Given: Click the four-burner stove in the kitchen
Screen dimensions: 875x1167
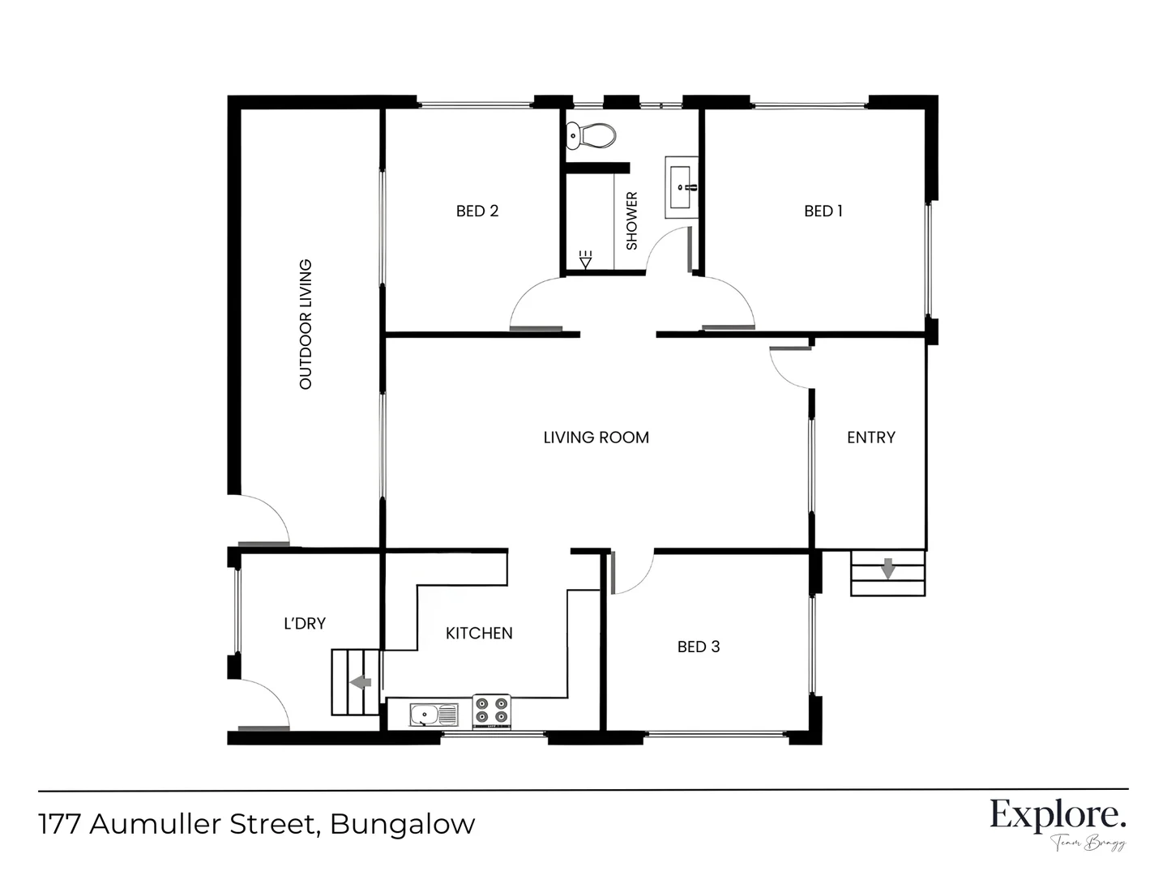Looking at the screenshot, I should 492,711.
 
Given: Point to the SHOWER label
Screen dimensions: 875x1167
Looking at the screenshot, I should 632,220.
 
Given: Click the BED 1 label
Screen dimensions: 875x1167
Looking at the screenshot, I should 823,211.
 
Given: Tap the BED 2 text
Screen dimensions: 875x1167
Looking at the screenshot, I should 477,211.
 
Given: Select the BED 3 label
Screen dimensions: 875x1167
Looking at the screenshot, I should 699,647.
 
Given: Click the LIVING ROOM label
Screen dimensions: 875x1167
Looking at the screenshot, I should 596,437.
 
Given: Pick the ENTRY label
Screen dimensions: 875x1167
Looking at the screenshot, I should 871,437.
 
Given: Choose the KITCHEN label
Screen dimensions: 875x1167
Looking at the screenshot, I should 479,634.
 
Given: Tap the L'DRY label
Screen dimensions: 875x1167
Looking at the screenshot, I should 305,624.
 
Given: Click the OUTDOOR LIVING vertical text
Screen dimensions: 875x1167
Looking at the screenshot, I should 306,324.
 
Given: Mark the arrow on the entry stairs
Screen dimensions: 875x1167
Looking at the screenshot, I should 888,568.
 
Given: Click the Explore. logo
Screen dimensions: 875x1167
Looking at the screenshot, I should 1058,815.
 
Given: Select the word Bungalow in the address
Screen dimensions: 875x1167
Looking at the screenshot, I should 403,824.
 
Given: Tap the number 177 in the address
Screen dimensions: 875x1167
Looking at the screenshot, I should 59,824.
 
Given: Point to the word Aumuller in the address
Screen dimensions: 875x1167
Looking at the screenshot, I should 156,824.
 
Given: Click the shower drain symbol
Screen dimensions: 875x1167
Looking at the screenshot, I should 586,259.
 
